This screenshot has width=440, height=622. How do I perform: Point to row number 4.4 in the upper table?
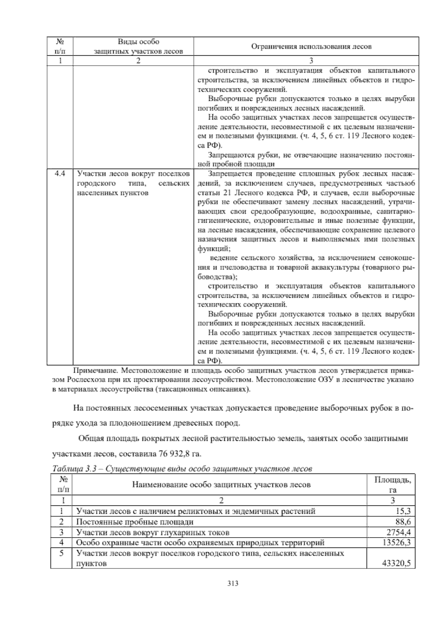(60, 174)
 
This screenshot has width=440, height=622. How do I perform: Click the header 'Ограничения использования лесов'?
(311, 47)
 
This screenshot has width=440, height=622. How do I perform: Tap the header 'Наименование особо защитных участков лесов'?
(221, 485)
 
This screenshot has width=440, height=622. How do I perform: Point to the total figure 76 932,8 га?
(180, 454)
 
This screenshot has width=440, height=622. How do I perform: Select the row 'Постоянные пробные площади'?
(135, 522)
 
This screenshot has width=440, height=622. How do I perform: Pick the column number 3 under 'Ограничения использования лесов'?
(311, 61)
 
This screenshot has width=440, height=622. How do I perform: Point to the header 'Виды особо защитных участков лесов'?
(138, 47)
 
